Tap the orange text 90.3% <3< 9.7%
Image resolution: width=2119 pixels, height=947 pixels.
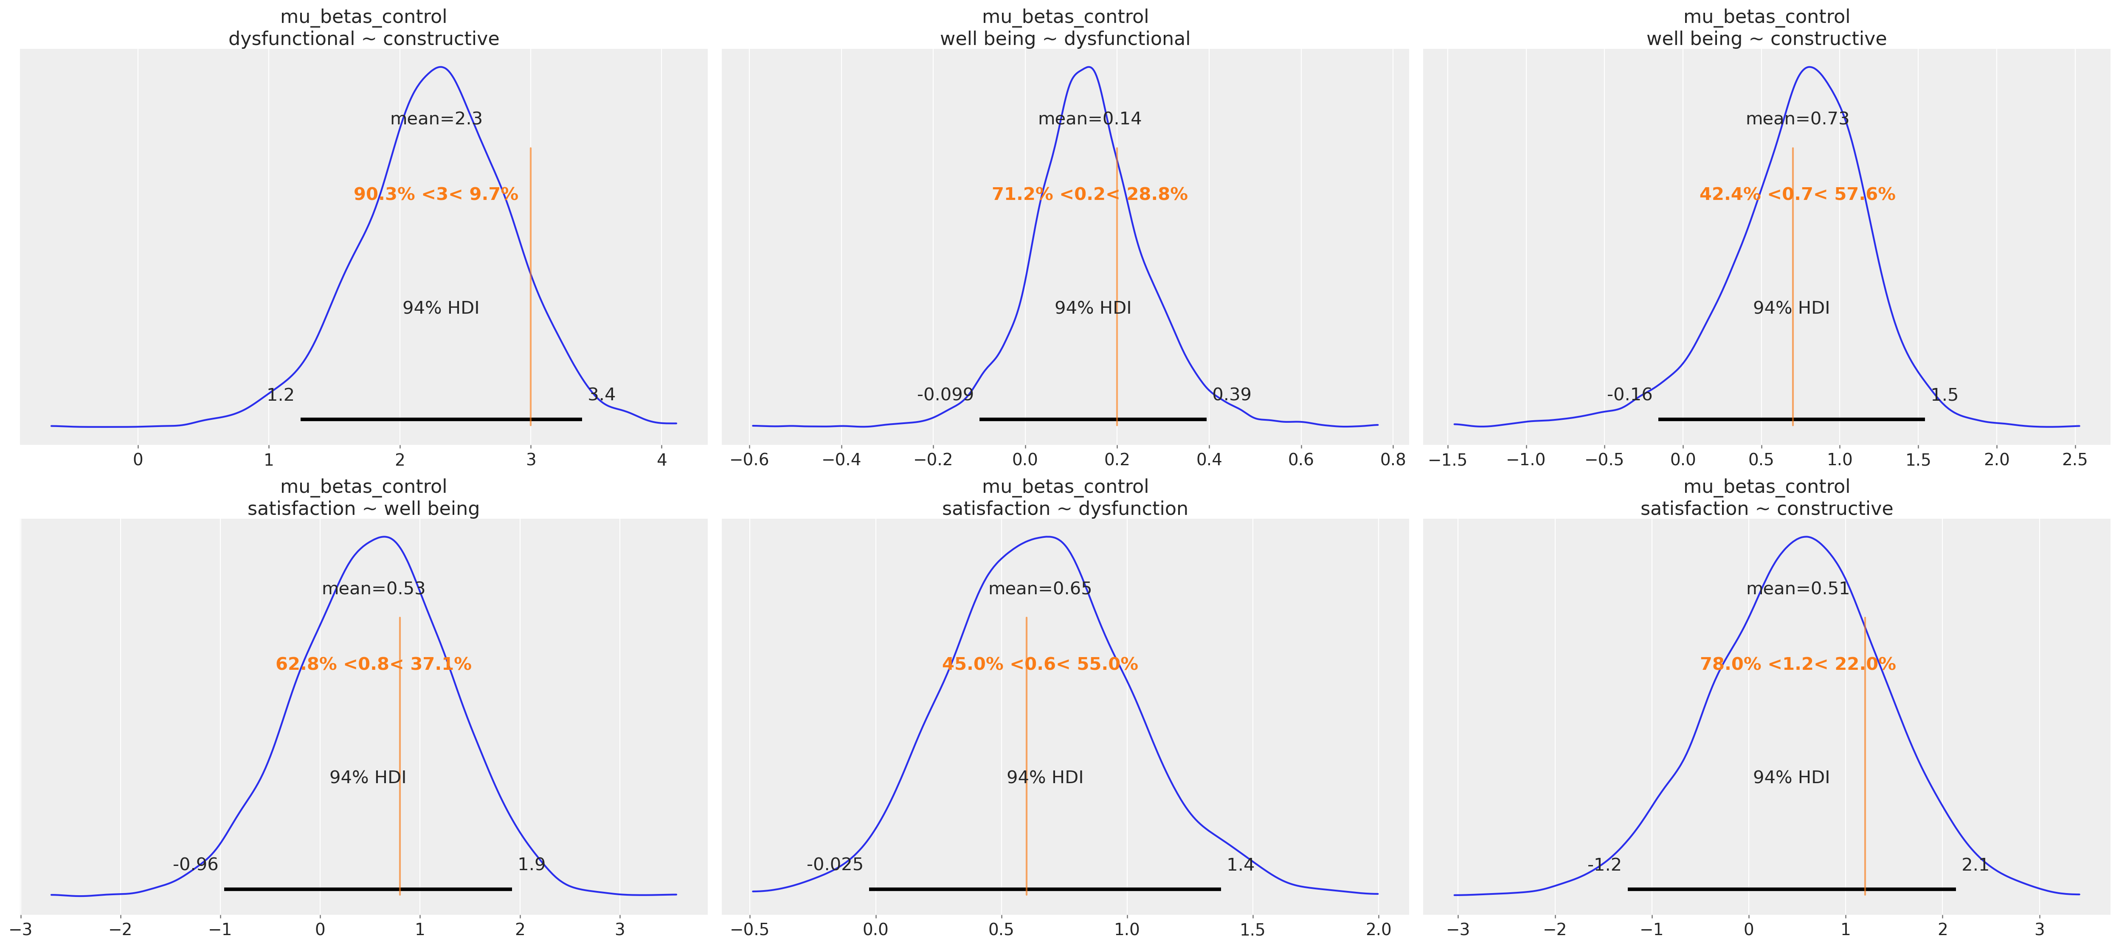tap(436, 194)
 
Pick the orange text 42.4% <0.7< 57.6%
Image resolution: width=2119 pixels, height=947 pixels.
tap(1797, 194)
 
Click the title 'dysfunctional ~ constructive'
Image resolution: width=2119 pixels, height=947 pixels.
tap(363, 39)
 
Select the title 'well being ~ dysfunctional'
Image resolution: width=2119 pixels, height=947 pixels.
tap(1065, 39)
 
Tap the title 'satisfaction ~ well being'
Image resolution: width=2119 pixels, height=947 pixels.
tap(363, 509)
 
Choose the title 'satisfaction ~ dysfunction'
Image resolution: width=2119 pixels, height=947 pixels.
tap(1065, 509)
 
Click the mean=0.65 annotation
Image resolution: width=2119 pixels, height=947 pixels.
tap(1040, 588)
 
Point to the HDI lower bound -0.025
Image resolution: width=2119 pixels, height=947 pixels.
tap(835, 864)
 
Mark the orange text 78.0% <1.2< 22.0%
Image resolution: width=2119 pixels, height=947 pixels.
tap(1797, 664)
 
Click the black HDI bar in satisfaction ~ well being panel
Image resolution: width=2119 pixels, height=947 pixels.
tap(368, 888)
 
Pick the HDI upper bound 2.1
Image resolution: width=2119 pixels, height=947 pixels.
tap(1975, 864)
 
